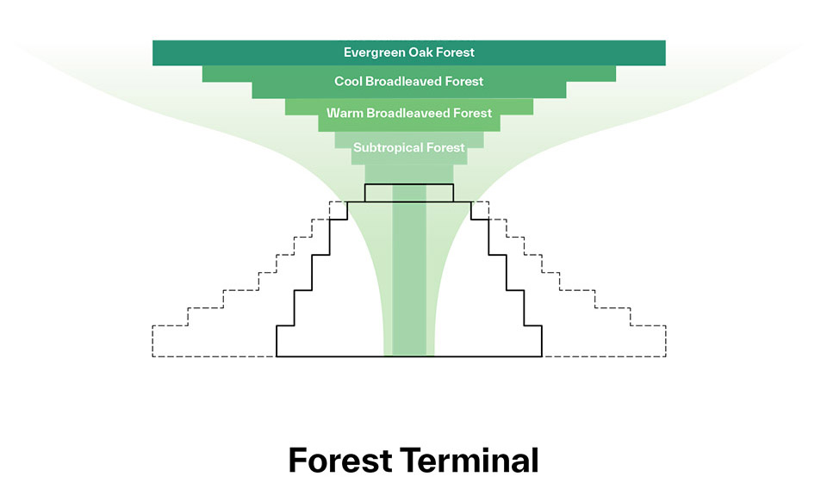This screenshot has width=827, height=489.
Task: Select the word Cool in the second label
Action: tap(348, 81)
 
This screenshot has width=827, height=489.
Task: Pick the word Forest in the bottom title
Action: tap(340, 460)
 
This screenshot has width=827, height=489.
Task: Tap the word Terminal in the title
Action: tap(469, 460)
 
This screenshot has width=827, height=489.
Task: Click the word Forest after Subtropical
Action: tap(445, 147)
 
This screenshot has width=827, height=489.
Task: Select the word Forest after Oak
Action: tap(456, 53)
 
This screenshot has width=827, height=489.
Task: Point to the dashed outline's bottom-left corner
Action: tap(152, 356)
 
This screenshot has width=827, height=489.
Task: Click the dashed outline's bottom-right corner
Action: tap(666, 356)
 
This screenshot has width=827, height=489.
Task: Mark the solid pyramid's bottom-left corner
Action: tap(277, 356)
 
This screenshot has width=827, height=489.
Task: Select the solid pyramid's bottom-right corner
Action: tap(542, 356)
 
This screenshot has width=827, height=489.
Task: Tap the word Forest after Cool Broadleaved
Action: tap(464, 81)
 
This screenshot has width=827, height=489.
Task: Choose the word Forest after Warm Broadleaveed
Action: tap(473, 113)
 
